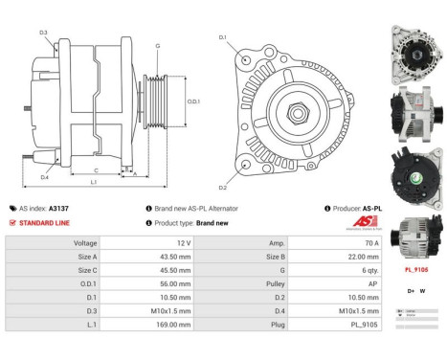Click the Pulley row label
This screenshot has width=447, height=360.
click(x=277, y=283)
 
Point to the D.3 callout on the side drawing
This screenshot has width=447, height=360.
click(x=43, y=34)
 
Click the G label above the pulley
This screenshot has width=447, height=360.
click(x=157, y=47)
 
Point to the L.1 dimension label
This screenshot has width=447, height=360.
click(x=93, y=182)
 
